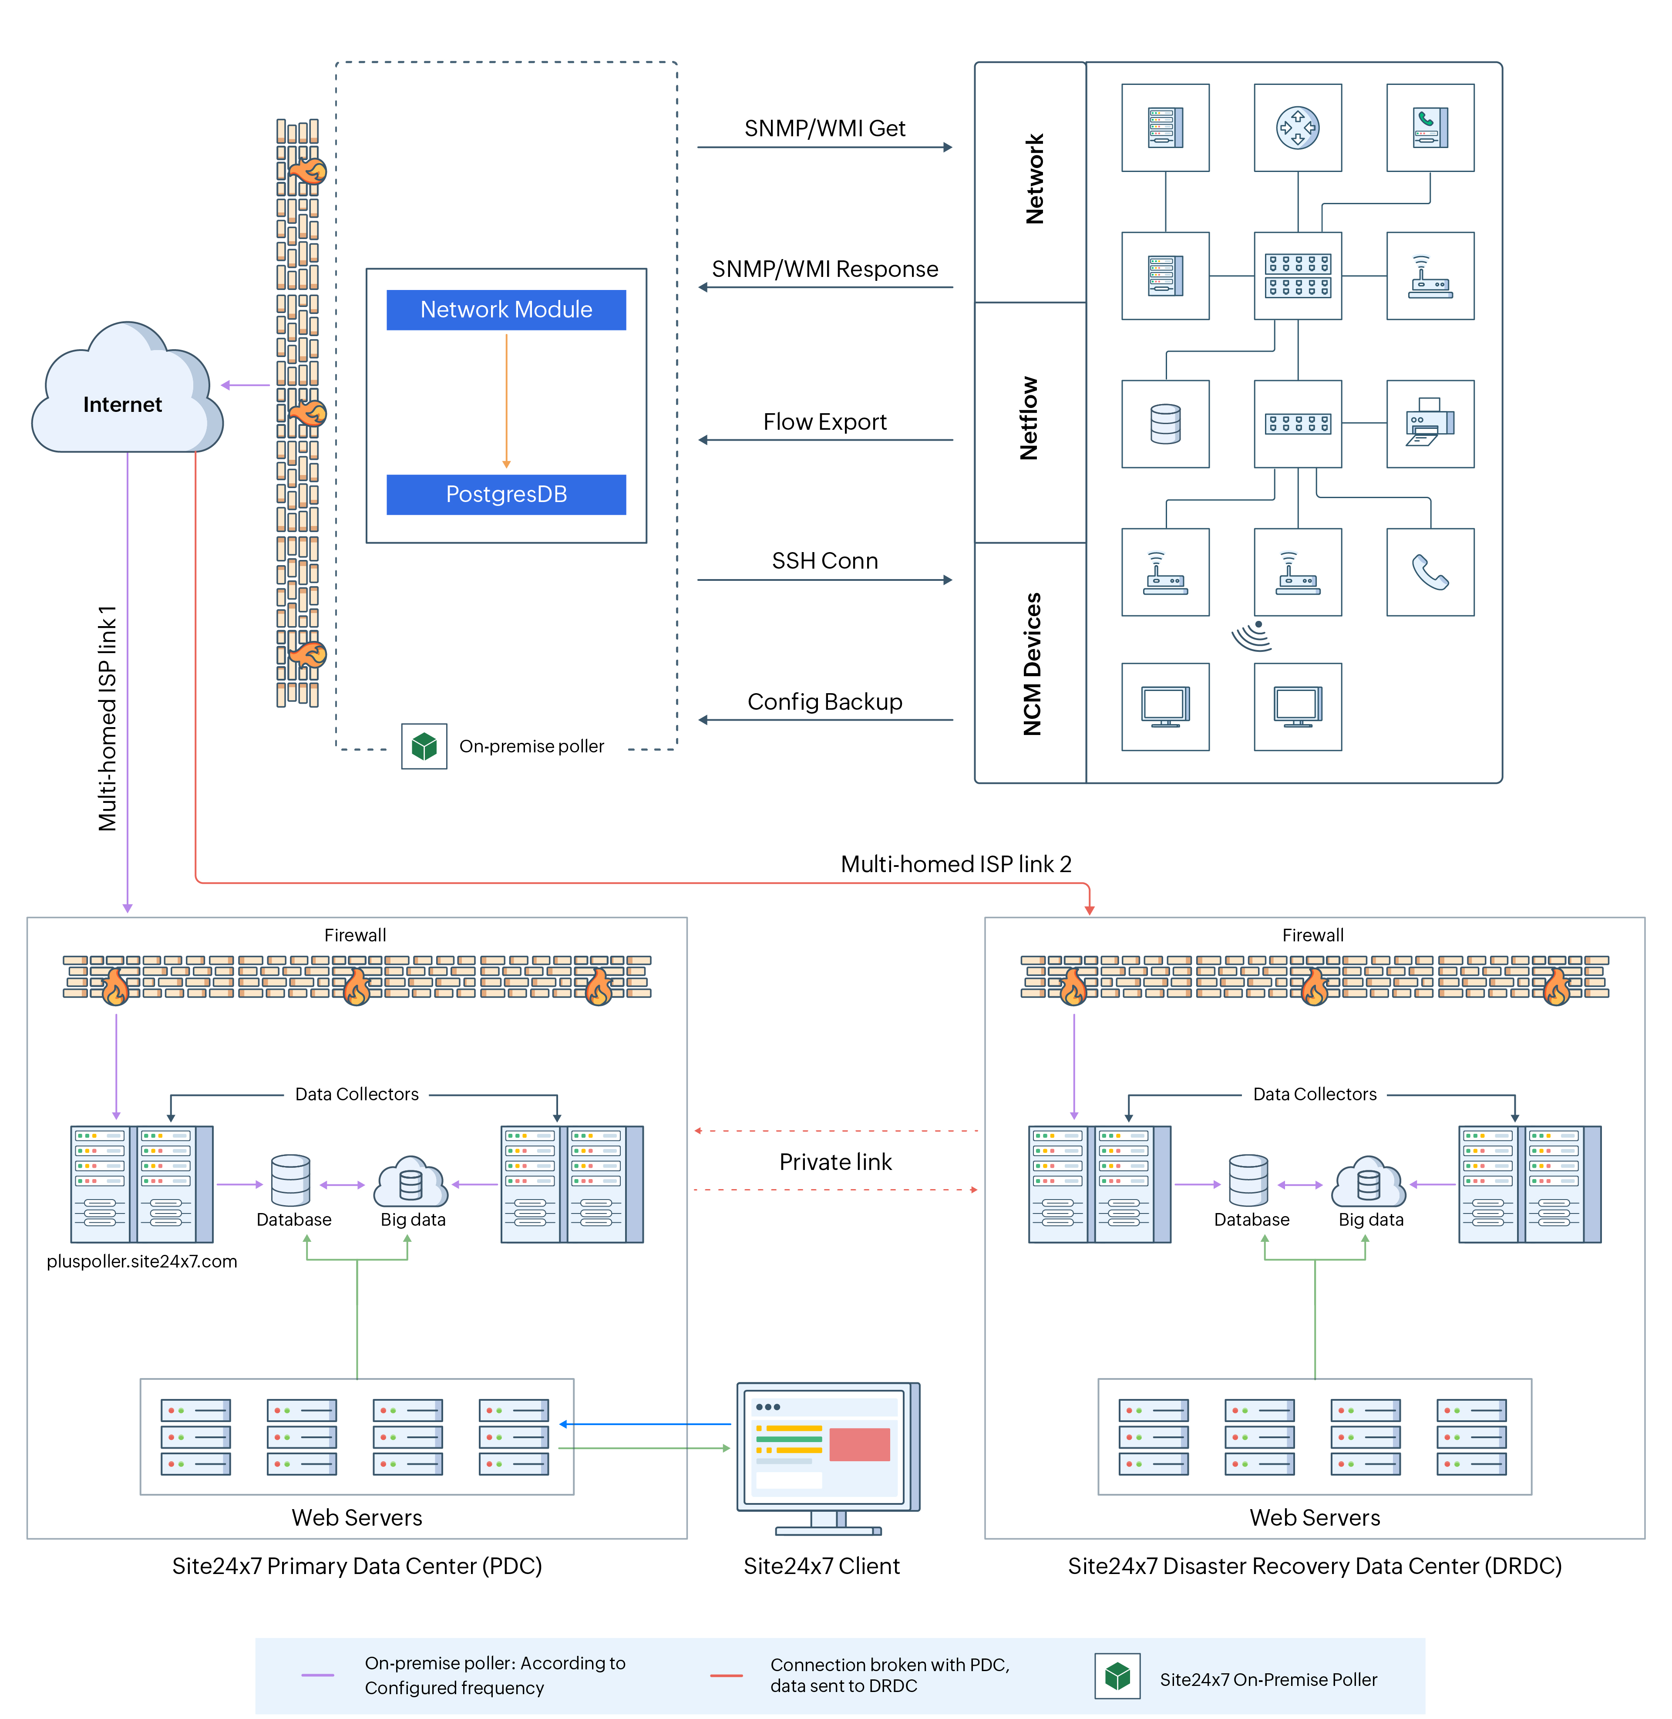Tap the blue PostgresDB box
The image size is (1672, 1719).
pyautogui.click(x=506, y=495)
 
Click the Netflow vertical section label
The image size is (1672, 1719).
pyautogui.click(x=1029, y=419)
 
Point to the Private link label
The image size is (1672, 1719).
pyautogui.click(x=835, y=1162)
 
